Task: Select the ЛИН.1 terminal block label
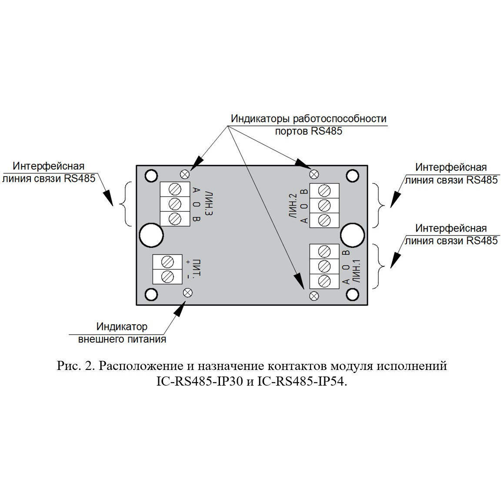pyautogui.click(x=356, y=271)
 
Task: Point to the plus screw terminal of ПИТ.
pyautogui.click(x=167, y=262)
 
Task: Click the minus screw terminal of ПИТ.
pyautogui.click(x=167, y=276)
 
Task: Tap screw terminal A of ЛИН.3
pyautogui.click(x=175, y=190)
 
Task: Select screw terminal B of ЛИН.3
pyautogui.click(x=175, y=219)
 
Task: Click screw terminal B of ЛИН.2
pyautogui.click(x=324, y=191)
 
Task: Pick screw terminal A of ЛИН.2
pyautogui.click(x=324, y=220)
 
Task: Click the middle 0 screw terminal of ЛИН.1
pyautogui.click(x=324, y=266)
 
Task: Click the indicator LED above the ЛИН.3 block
pyautogui.click(x=185, y=174)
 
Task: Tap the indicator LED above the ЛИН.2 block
pyautogui.click(x=314, y=174)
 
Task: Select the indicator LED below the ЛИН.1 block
pyautogui.click(x=314, y=296)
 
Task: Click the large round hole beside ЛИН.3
pyautogui.click(x=151, y=235)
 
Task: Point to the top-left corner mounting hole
pyautogui.click(x=151, y=175)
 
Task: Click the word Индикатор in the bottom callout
pyautogui.click(x=122, y=326)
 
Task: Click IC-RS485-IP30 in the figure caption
pyautogui.click(x=199, y=382)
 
